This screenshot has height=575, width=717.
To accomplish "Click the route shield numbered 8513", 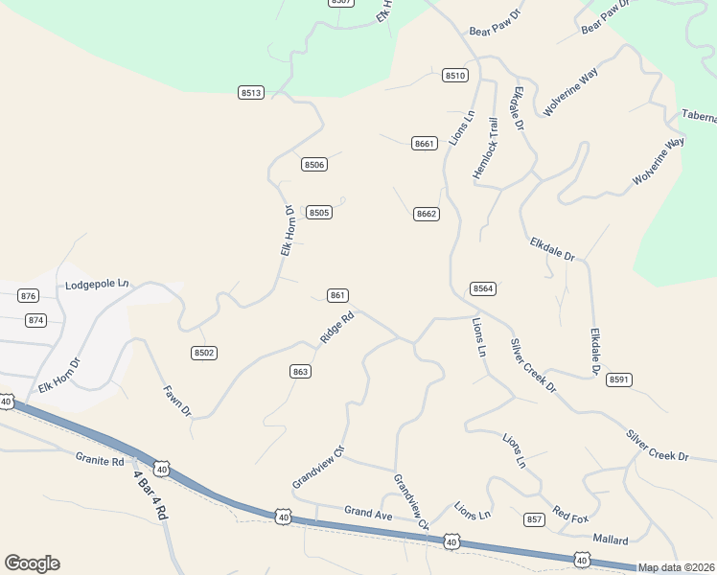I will (x=251, y=92).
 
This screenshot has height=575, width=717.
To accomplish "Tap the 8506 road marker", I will (x=314, y=165).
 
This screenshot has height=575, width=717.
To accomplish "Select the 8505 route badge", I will (x=319, y=212).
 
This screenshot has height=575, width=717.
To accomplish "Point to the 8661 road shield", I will (x=425, y=143).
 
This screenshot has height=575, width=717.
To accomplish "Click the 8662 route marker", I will (x=427, y=214).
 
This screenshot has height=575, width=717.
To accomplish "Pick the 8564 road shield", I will (x=482, y=288).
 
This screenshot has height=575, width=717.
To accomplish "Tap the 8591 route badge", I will (x=619, y=379).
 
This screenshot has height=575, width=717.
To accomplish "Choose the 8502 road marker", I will (x=204, y=353).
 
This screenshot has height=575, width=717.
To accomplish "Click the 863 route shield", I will (x=300, y=371).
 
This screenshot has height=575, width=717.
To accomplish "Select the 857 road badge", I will (x=534, y=519).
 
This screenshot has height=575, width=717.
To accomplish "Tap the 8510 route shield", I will (x=455, y=75).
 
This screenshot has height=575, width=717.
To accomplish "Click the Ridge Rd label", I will (x=337, y=327).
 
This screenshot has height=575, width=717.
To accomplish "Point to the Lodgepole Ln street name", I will (x=97, y=285).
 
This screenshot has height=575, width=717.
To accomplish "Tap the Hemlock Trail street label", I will (x=486, y=149).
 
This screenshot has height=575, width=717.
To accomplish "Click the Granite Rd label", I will (x=100, y=460).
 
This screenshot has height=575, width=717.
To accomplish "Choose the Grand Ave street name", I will (x=369, y=513).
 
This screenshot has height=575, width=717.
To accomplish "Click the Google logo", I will (x=32, y=563).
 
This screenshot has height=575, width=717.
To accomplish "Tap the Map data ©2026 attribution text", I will (x=676, y=567).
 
